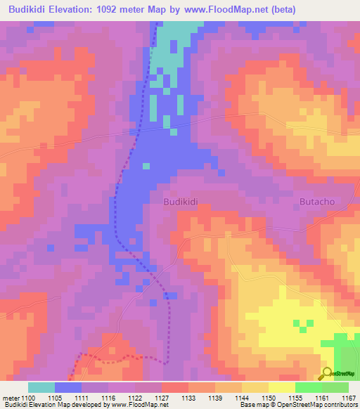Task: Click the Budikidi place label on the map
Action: [181, 201]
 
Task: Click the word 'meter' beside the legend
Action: [11, 397]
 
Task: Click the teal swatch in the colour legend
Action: [41, 387]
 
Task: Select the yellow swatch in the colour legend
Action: [282, 387]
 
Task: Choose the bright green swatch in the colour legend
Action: [309, 387]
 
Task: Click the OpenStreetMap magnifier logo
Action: [328, 373]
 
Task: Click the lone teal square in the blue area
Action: [146, 167]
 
